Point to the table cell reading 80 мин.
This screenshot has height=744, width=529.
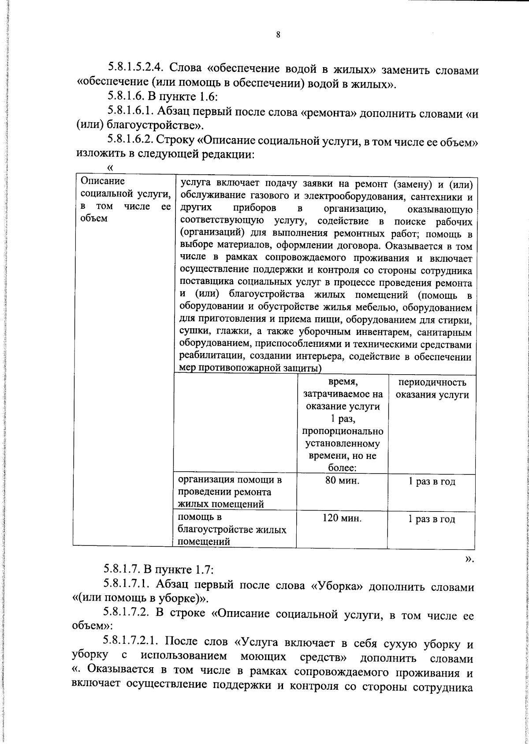click(342, 481)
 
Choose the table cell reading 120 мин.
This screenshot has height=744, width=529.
click(342, 519)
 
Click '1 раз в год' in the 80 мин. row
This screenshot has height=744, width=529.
click(432, 481)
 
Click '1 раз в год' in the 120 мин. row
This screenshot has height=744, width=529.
click(432, 519)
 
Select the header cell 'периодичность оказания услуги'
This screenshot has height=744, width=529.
click(432, 389)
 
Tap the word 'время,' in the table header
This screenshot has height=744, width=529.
click(343, 382)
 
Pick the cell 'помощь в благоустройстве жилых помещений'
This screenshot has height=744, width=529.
click(231, 529)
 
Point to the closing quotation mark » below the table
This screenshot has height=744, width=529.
click(469, 559)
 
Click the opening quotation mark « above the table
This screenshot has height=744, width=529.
click(110, 168)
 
